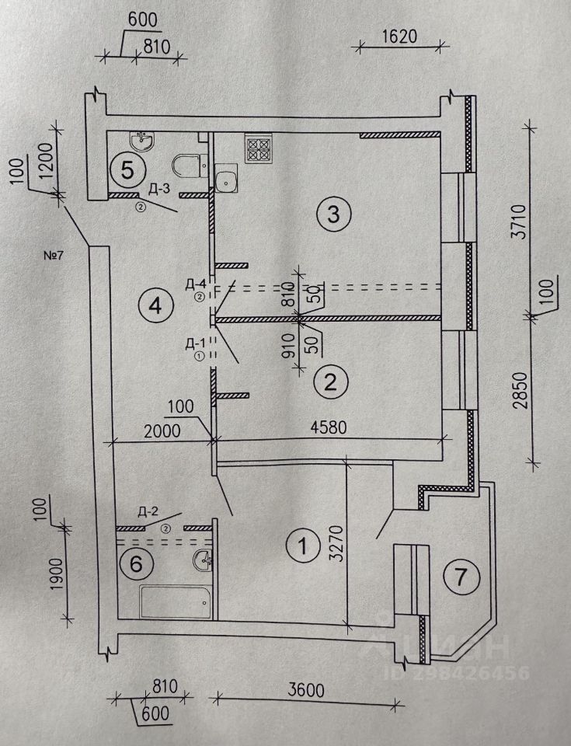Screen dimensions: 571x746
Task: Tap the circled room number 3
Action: pos(334,214)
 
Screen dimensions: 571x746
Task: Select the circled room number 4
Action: pos(155,306)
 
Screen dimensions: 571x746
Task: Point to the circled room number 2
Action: pos(330,382)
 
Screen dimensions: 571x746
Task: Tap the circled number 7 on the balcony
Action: pos(460,577)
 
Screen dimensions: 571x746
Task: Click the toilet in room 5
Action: pos(187,165)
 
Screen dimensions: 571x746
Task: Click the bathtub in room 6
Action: pos(175,601)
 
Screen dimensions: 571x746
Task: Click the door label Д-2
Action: pos(148,511)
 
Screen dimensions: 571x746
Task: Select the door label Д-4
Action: pos(196,283)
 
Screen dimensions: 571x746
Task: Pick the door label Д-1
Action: pos(196,342)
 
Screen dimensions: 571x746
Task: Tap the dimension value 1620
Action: pos(400,37)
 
